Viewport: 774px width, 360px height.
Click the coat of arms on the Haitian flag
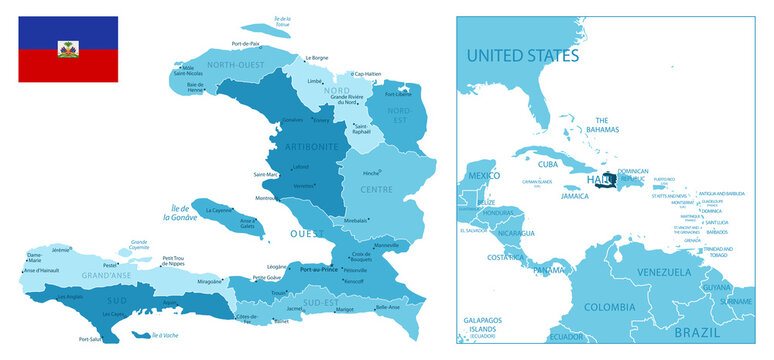pyautogui.click(x=68, y=49)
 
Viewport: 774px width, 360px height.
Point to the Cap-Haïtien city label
pyautogui.click(x=367, y=73)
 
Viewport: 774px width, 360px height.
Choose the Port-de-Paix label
pyautogui.click(x=245, y=44)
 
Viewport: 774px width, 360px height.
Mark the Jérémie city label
pyautogui.click(x=61, y=250)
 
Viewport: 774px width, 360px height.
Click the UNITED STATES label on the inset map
pyautogui.click(x=522, y=54)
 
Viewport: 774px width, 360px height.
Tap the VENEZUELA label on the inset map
pyautogui.click(x=665, y=272)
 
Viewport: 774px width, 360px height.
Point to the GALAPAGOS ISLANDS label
pyautogui.click(x=488, y=325)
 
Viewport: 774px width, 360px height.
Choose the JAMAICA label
pyautogui.click(x=574, y=197)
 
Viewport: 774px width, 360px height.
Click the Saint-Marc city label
pyautogui.click(x=266, y=174)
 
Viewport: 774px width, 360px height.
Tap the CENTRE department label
pyautogui.click(x=376, y=188)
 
